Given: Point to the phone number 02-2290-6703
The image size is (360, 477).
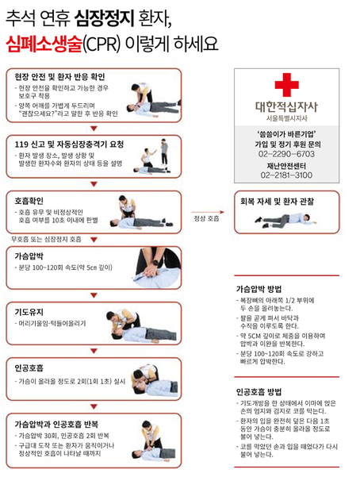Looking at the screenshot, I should (286, 152).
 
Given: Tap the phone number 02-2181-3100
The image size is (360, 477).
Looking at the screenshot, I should (286, 175).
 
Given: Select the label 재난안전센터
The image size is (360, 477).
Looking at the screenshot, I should (286, 164).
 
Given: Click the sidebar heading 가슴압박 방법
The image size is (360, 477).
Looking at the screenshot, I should (263, 289).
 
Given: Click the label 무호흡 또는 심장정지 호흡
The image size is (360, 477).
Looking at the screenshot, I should (46, 238).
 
